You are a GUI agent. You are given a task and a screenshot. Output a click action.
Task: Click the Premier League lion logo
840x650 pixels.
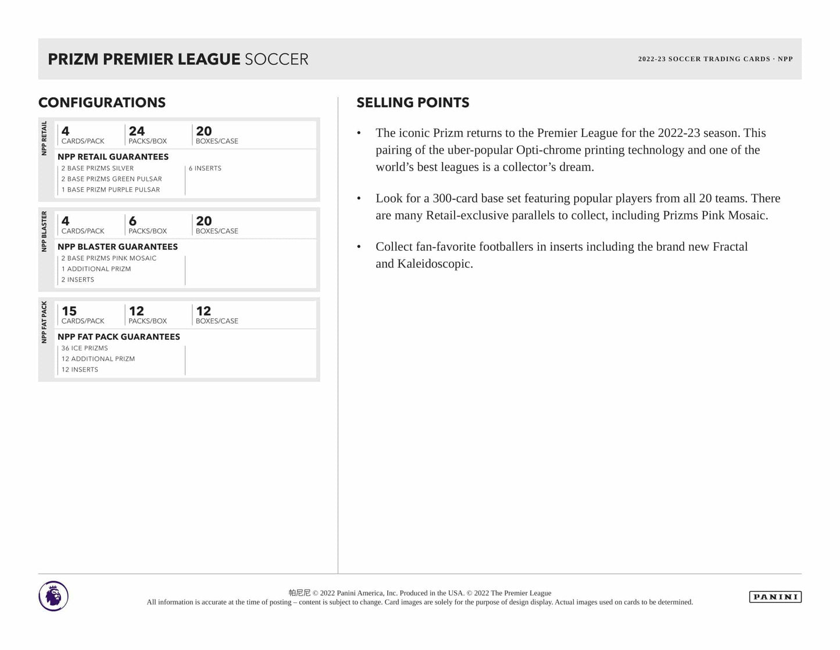(x=53, y=596)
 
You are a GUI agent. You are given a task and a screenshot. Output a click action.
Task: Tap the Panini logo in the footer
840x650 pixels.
(x=775, y=596)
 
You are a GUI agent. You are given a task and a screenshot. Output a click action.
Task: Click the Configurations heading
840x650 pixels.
(x=102, y=102)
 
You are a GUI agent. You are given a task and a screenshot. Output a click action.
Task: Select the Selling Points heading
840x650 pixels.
(x=413, y=102)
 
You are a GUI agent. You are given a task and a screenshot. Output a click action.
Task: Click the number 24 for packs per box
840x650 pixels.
(x=137, y=132)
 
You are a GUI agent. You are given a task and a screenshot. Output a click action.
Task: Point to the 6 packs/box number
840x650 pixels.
(x=133, y=221)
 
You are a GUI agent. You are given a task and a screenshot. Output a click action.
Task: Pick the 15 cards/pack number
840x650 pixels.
(x=69, y=311)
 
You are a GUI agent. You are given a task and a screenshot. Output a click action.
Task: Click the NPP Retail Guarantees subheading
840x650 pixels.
(x=113, y=157)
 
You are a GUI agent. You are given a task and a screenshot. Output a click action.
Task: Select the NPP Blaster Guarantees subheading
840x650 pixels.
(x=117, y=247)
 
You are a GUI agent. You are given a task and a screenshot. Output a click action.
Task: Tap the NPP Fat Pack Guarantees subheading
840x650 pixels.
(x=119, y=337)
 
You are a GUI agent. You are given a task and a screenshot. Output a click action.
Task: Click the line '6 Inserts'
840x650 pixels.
(x=205, y=168)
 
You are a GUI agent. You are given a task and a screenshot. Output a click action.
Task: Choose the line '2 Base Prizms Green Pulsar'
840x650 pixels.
(x=112, y=179)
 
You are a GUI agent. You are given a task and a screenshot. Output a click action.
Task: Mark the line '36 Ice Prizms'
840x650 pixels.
(x=85, y=348)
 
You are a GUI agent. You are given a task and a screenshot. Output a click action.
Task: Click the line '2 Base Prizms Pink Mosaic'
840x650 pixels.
(x=109, y=258)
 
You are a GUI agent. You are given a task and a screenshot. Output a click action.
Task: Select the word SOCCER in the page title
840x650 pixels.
(x=276, y=59)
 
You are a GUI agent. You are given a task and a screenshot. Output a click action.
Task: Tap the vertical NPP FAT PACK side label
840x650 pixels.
(x=44, y=322)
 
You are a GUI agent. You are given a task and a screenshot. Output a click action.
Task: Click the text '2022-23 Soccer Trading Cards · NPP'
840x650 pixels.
(x=715, y=59)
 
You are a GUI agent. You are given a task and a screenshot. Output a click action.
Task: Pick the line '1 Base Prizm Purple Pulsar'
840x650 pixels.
(x=110, y=190)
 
